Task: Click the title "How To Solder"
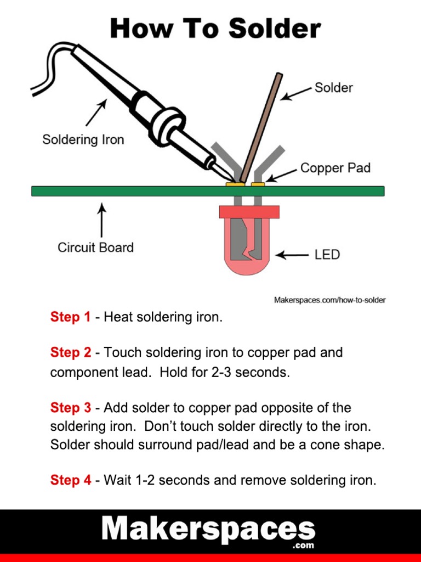click(215, 29)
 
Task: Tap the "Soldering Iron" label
click(83, 140)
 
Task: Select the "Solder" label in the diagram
click(333, 88)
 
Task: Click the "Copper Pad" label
click(335, 168)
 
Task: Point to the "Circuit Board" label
click(95, 248)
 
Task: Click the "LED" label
click(327, 255)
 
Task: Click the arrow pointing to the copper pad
click(281, 175)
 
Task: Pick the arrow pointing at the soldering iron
click(95, 113)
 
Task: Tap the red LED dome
click(249, 263)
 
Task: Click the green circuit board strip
click(137, 191)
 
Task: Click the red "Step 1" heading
click(70, 317)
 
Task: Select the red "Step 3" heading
click(70, 408)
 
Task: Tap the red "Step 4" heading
click(70, 480)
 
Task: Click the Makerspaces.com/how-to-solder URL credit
click(329, 300)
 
